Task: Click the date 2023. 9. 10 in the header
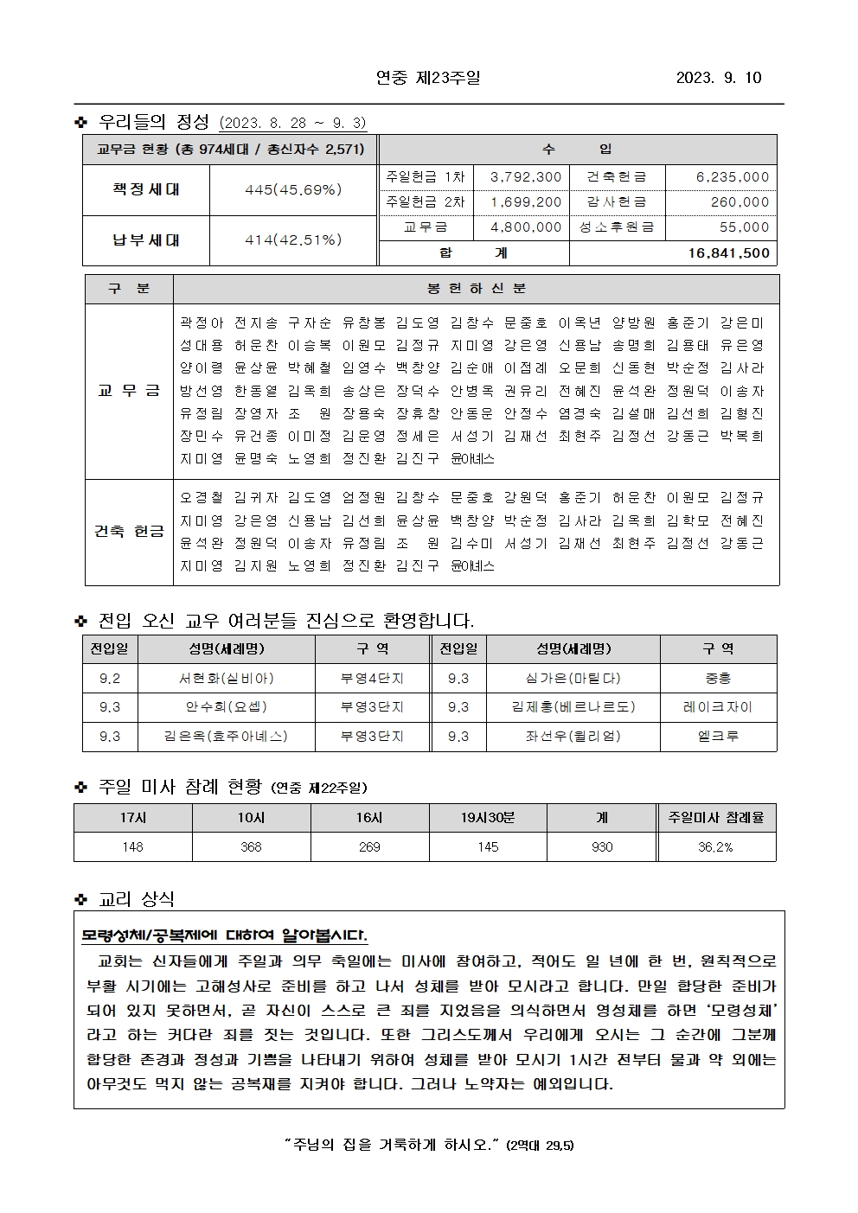pos(719,78)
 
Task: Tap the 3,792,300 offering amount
pos(526,177)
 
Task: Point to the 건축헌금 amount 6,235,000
pos(733,177)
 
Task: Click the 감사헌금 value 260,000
pos(740,202)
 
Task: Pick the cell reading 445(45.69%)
pos(293,189)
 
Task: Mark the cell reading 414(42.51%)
pos(293,240)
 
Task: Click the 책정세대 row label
pos(146,189)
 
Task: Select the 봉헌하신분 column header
pos(476,289)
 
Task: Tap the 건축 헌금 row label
pos(129,531)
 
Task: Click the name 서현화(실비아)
pos(226,679)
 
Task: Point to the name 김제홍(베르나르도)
pos(573,707)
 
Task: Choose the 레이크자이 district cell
pos(718,707)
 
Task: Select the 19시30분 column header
pos(488,818)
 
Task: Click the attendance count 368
pos(251,847)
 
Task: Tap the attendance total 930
pos(602,847)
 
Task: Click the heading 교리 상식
pos(137,899)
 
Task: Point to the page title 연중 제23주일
pos(428,78)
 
